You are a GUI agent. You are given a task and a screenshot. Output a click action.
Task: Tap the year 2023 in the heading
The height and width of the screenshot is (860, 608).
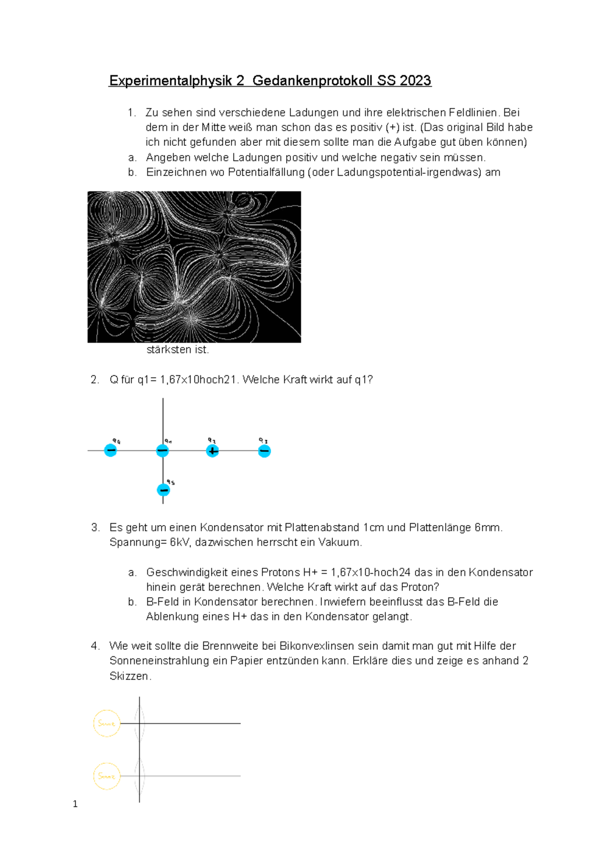(x=415, y=81)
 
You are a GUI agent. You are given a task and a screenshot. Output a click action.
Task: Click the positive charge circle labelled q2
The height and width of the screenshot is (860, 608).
(x=212, y=451)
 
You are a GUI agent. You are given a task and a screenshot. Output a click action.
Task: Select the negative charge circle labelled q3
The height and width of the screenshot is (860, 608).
(x=264, y=451)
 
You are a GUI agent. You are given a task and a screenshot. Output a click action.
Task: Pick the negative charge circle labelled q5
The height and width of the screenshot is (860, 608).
(x=163, y=490)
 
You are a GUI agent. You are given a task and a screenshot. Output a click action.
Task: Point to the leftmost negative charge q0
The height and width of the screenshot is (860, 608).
(x=110, y=450)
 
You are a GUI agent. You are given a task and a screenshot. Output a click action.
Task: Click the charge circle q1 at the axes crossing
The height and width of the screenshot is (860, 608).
(x=162, y=451)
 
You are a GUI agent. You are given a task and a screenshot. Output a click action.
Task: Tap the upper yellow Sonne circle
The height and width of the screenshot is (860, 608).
(x=106, y=723)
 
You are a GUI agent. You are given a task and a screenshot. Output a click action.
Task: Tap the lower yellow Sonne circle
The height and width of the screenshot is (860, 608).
(x=106, y=776)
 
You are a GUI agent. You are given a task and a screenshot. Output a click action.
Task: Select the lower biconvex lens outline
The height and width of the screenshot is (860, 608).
(x=140, y=776)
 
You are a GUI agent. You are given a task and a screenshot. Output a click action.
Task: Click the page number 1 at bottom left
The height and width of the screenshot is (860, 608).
(x=75, y=804)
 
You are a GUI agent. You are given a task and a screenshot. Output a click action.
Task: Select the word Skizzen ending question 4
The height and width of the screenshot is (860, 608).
(x=129, y=676)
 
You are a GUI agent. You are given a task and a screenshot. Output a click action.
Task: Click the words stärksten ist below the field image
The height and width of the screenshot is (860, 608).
(x=177, y=350)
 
